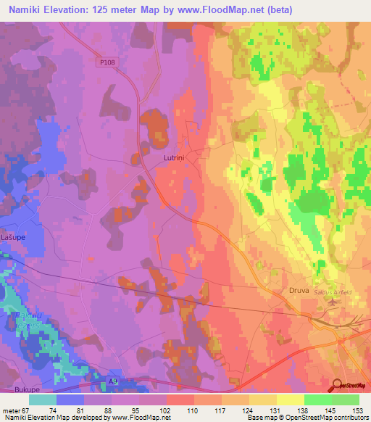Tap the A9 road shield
[x=113, y=379]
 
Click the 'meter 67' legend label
[x=15, y=411]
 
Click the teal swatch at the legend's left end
[x=43, y=400]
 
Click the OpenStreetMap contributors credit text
[x=338, y=418]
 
